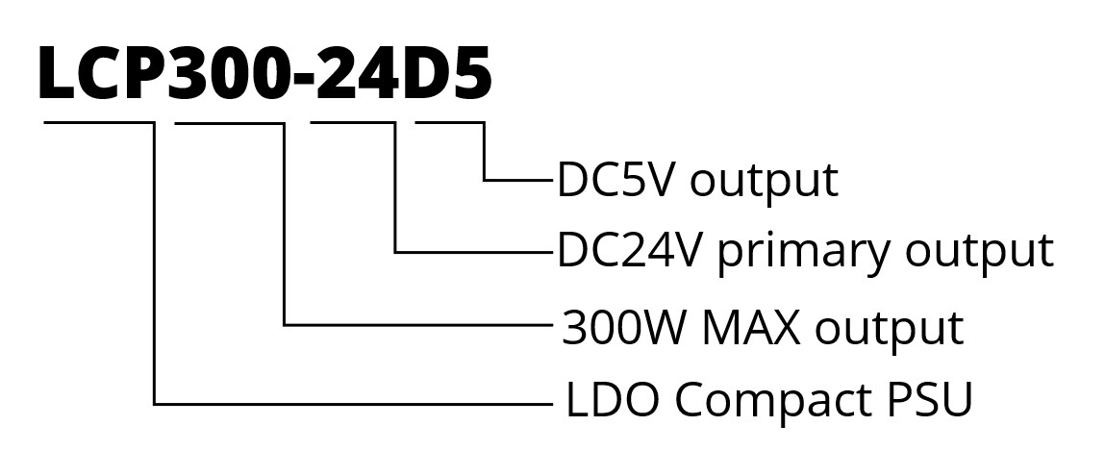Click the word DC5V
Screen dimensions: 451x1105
tap(616, 180)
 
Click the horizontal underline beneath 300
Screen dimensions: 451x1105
tap(231, 122)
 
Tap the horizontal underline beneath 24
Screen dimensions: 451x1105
tap(353, 122)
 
